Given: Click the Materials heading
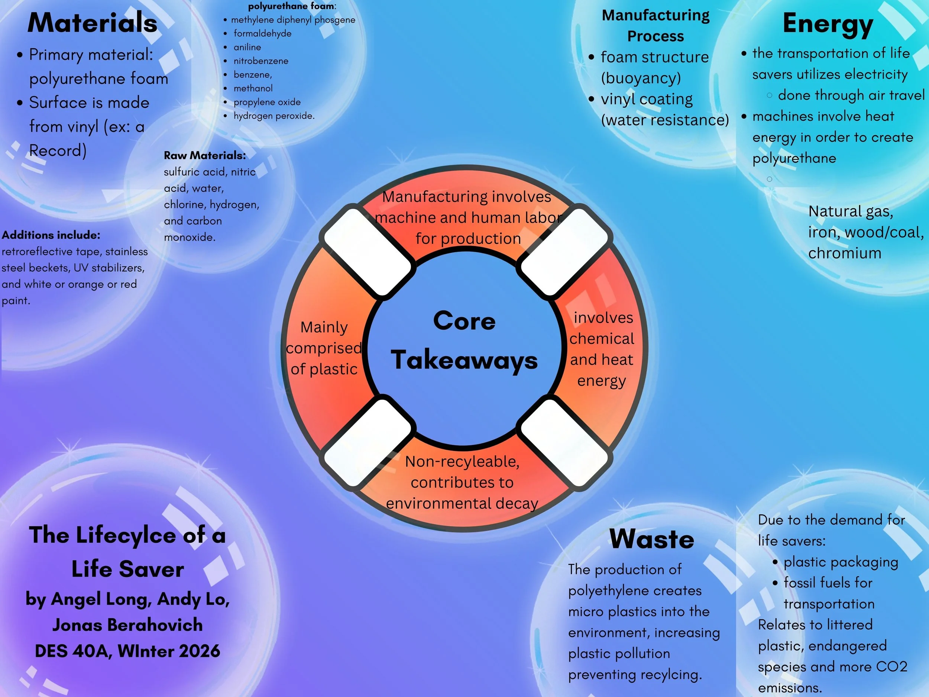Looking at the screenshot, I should (93, 23).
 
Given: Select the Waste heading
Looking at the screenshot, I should (652, 539).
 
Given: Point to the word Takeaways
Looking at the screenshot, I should (464, 361).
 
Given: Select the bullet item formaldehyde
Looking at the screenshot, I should (262, 33).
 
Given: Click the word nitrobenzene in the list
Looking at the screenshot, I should (261, 61).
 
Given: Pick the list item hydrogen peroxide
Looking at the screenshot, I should (274, 116).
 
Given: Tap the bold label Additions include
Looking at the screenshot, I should (51, 235).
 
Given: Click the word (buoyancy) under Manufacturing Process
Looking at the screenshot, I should (641, 78).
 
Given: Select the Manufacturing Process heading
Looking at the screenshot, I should (656, 26).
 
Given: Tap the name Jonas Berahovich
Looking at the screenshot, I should (127, 625).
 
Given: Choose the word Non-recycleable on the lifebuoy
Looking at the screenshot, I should (462, 462).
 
